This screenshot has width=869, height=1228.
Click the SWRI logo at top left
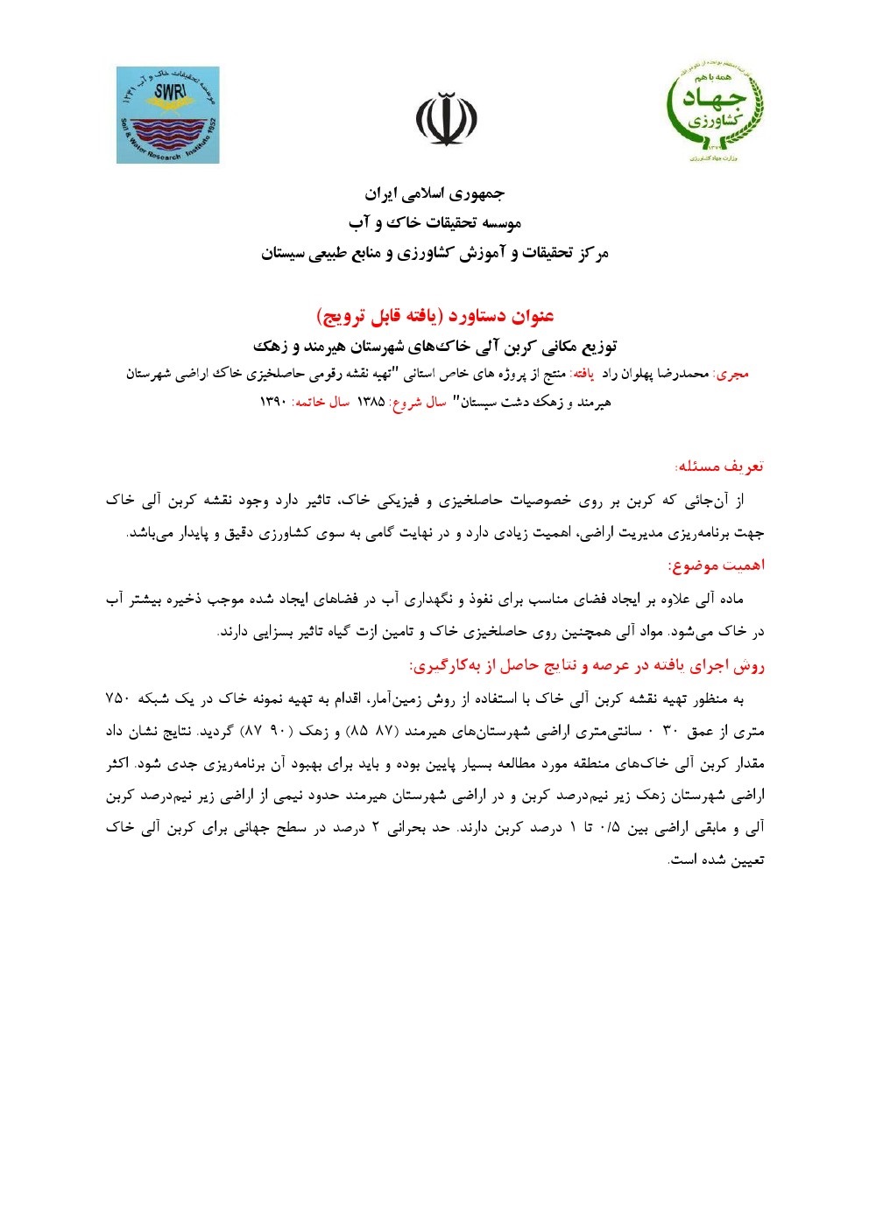coord(168,115)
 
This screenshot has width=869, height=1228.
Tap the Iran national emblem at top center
coord(434,120)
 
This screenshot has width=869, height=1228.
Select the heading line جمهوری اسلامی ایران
coord(434,193)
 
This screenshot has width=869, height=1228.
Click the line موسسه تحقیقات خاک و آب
coord(434,223)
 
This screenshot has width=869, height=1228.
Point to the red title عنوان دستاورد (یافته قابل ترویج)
coord(434,314)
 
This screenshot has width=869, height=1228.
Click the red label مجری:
coord(732,374)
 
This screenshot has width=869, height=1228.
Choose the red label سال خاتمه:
coord(320,403)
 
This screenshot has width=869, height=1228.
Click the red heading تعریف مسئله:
coord(720,466)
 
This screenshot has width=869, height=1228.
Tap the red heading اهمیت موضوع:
coord(717,565)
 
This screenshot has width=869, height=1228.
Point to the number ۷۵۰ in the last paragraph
coord(118,698)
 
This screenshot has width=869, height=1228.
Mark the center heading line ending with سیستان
coord(434,254)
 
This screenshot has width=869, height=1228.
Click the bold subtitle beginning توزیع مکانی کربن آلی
coord(434,344)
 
